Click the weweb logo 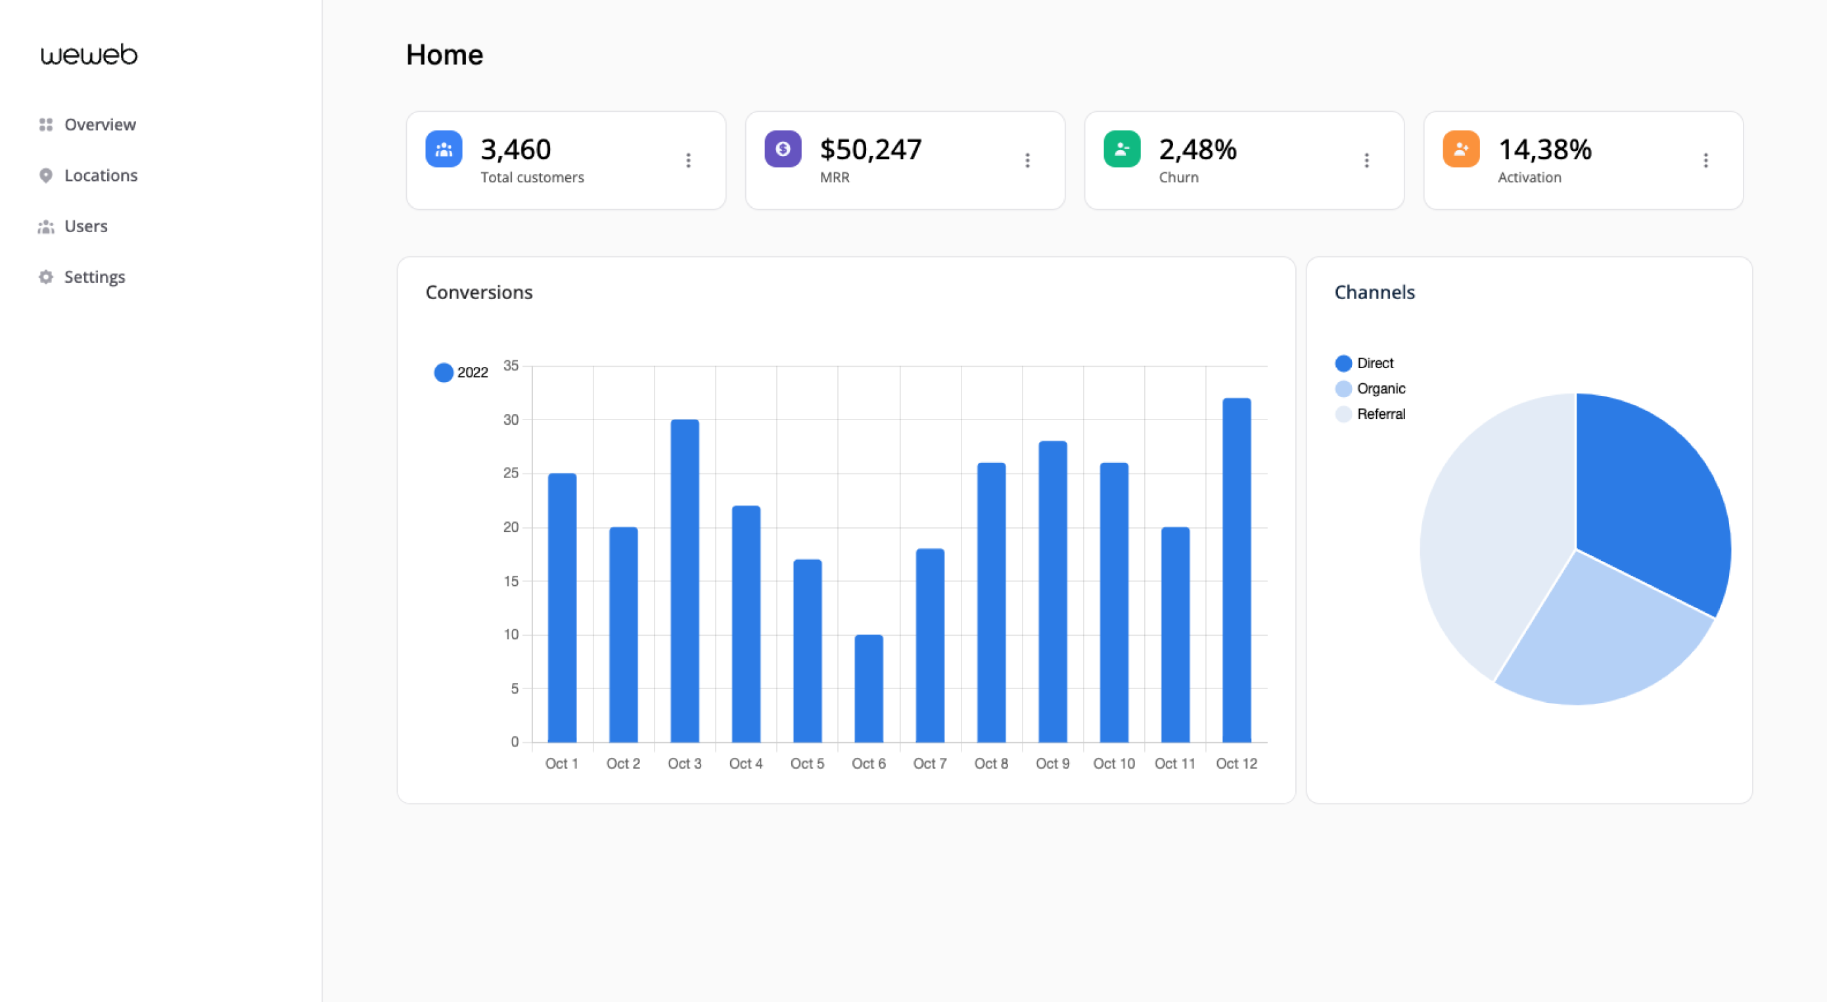point(89,55)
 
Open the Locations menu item point(100,176)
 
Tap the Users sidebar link point(85,226)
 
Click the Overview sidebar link point(99,125)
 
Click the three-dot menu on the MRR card point(1027,160)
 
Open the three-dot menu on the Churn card point(1366,160)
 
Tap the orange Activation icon point(1460,149)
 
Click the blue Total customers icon point(443,149)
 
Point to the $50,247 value point(870,150)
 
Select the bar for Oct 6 point(868,688)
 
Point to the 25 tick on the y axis point(511,473)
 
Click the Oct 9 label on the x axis point(1053,763)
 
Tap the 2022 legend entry point(462,373)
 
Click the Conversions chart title point(478,293)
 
